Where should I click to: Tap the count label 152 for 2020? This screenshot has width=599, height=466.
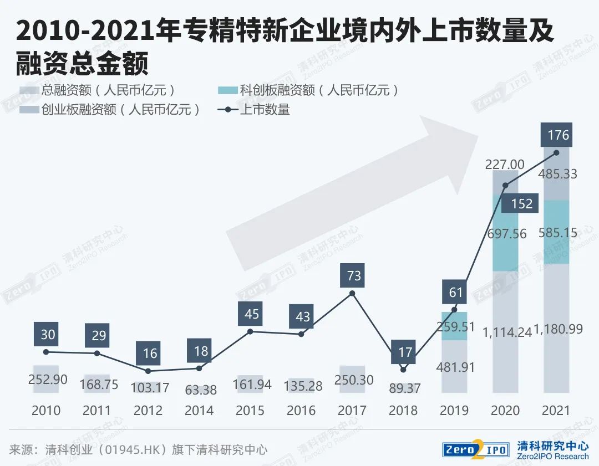[x=521, y=203]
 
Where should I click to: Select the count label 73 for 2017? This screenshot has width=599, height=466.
[x=353, y=275]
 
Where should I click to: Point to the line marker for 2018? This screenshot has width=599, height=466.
[x=403, y=370]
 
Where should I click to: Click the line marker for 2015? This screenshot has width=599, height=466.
[x=250, y=331]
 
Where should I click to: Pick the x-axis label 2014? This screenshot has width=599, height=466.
[x=199, y=411]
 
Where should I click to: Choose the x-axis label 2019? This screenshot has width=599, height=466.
[x=454, y=411]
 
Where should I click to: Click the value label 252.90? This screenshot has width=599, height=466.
[x=48, y=380]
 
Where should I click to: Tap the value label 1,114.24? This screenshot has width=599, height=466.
[x=507, y=331]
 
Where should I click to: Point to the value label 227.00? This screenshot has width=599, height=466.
[x=505, y=164]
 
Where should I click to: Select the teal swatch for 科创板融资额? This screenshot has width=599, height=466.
[x=229, y=90]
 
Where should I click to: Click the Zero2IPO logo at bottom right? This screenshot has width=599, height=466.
[x=475, y=449]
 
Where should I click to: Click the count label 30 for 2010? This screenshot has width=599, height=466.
[x=48, y=335]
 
